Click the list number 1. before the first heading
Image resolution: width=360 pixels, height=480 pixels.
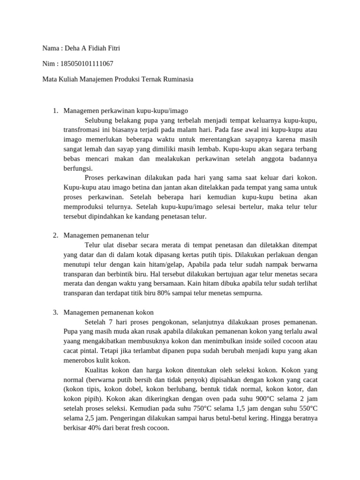tap(55, 111)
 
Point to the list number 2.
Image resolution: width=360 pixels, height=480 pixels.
tap(55, 235)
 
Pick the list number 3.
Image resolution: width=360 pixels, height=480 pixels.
tap(55, 312)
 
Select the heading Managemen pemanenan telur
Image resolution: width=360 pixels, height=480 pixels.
tap(106, 235)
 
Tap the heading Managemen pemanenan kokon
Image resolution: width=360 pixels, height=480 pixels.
tap(108, 312)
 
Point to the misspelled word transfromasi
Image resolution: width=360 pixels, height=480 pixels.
tap(82, 130)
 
